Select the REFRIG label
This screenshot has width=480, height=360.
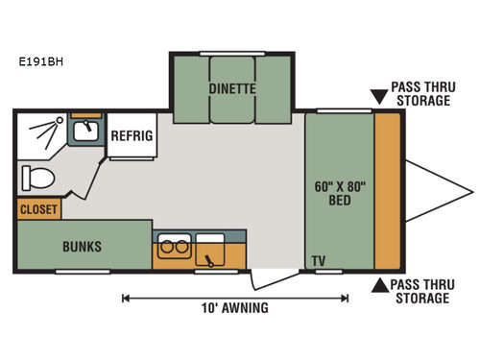(132, 135)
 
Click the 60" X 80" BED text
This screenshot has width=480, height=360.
(338, 192)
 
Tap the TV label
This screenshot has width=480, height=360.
(317, 260)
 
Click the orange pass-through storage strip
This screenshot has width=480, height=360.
(388, 190)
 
